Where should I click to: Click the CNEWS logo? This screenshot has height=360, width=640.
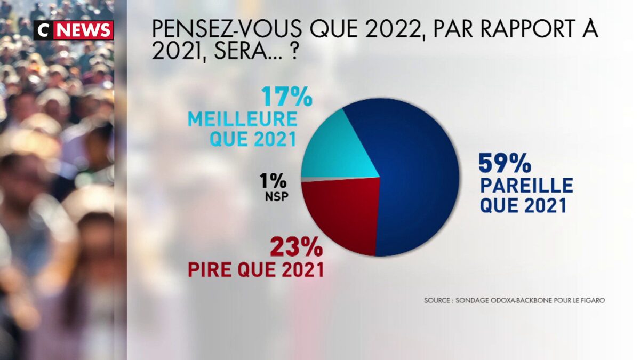pyautogui.click(x=74, y=30)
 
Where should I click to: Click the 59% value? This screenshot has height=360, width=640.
pyautogui.click(x=505, y=163)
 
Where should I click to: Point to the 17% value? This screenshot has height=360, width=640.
pyautogui.click(x=287, y=97)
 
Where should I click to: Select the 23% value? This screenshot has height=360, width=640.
pyautogui.click(x=296, y=247)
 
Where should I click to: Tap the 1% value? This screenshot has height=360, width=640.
pyautogui.click(x=273, y=181)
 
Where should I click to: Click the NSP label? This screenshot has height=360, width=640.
pyautogui.click(x=276, y=196)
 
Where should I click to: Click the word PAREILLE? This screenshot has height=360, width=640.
pyautogui.click(x=527, y=186)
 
